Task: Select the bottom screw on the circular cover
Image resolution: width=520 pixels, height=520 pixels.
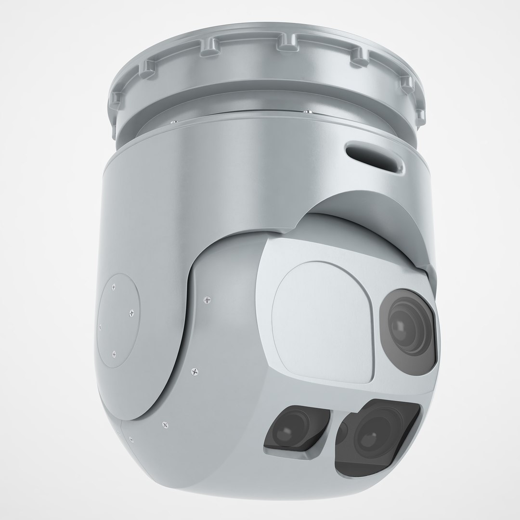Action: pyautogui.click(x=114, y=355)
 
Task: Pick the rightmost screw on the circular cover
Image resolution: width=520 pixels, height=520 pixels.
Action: pyautogui.click(x=131, y=313)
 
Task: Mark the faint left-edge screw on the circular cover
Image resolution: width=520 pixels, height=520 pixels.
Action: pyautogui.click(x=100, y=327)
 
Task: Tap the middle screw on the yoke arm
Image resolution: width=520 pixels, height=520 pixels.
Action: pyautogui.click(x=194, y=371)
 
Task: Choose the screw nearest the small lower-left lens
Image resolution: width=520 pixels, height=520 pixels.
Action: pyautogui.click(x=166, y=425)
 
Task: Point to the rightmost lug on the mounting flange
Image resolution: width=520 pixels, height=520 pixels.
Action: pyautogui.click(x=420, y=115)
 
